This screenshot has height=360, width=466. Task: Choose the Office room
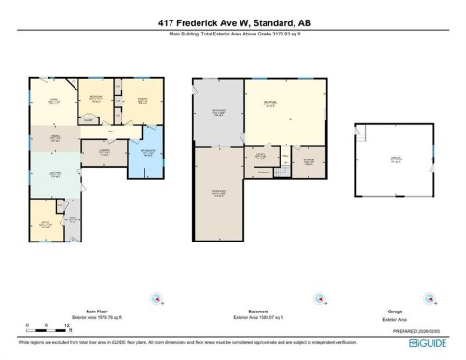pyautogui.click(x=43, y=224)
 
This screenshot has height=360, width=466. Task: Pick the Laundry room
pyautogui.click(x=103, y=153)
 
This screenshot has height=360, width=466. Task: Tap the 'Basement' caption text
pyautogui.click(x=259, y=311)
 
